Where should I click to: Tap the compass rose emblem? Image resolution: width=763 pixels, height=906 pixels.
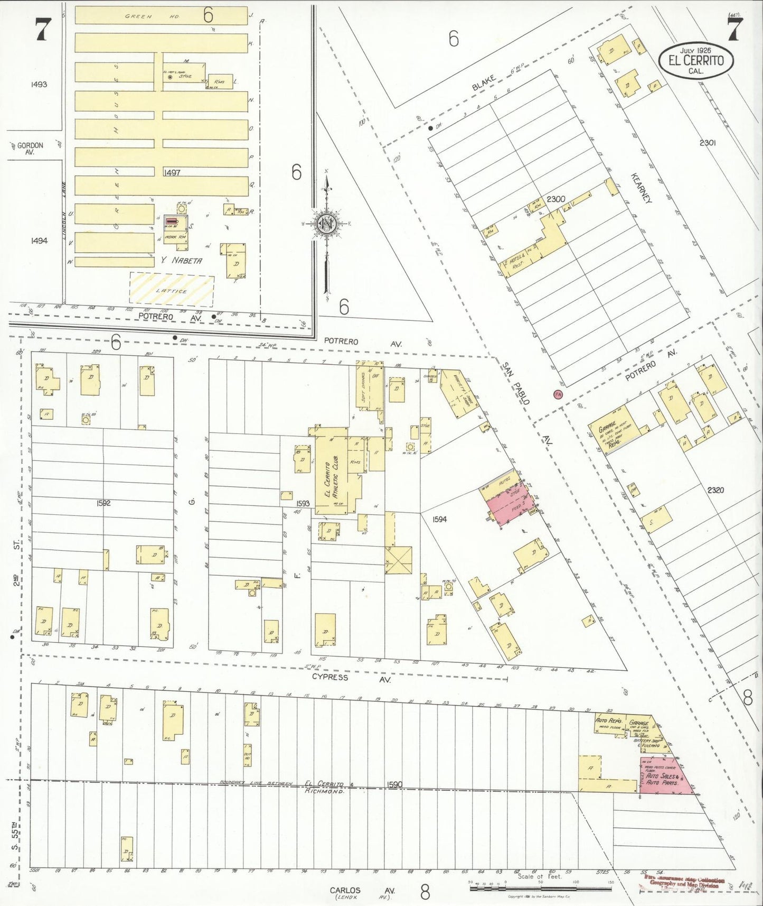point(327,224)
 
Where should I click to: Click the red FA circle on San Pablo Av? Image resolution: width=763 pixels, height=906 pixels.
point(558,394)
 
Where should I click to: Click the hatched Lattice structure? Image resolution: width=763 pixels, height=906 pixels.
point(172,290)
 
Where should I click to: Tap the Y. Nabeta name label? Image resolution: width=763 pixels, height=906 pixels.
point(179,261)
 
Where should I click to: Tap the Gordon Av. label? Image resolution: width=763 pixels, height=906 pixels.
point(30,149)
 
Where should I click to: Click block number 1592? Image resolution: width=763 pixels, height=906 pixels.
point(103,503)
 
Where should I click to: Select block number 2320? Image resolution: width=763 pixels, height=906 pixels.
point(715,490)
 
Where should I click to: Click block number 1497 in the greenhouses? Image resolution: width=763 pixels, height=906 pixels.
point(172,173)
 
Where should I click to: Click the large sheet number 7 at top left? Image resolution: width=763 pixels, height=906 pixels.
point(42,29)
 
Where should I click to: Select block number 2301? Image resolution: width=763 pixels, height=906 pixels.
point(707,143)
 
